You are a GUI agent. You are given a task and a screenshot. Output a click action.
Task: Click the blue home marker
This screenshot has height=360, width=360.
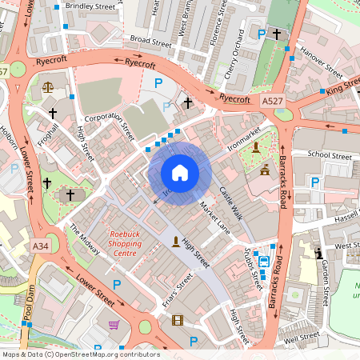coord(180,172)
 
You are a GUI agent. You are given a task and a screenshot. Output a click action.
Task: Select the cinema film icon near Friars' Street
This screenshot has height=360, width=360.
coord(177,321)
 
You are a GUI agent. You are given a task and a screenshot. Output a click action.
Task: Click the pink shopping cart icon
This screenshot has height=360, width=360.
coord(114,325)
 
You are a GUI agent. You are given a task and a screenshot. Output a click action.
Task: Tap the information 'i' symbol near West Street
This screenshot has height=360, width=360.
coord(319,254)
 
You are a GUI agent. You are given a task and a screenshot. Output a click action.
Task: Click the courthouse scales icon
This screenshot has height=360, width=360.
coord(47,84)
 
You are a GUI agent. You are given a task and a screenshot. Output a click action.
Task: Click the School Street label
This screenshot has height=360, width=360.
coord(330,155)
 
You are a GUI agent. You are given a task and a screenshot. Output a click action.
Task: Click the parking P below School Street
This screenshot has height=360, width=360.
coord(314,183)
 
